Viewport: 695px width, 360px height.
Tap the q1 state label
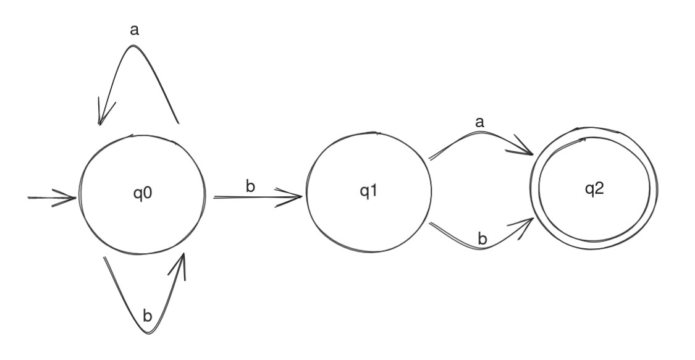[368, 191]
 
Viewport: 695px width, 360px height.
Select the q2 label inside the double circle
[595, 189]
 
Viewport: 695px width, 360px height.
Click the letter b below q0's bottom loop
[147, 316]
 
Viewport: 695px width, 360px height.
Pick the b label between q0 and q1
[250, 186]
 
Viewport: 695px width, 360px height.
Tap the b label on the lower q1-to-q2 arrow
[482, 237]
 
